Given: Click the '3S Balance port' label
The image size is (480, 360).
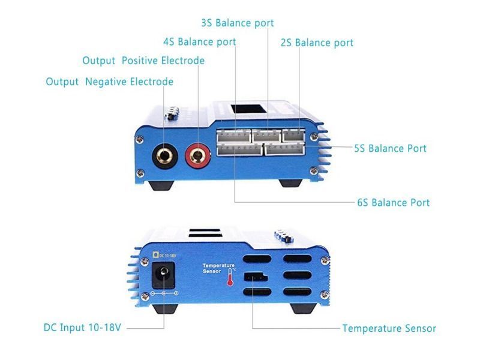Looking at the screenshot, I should [x=237, y=23].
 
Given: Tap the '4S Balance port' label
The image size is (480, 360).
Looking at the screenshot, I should [x=199, y=42].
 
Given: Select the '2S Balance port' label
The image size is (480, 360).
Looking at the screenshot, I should [x=317, y=43].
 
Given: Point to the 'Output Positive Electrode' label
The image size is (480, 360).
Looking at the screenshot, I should [x=143, y=61].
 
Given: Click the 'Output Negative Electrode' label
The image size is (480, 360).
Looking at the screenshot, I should [x=110, y=82].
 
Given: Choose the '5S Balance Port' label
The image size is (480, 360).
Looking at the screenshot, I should [x=390, y=148].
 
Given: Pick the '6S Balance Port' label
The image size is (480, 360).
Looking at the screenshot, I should [x=393, y=202].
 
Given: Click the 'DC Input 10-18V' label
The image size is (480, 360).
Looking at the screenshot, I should [x=82, y=328].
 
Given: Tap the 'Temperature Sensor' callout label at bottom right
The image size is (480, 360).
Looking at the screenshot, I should [x=389, y=328].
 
